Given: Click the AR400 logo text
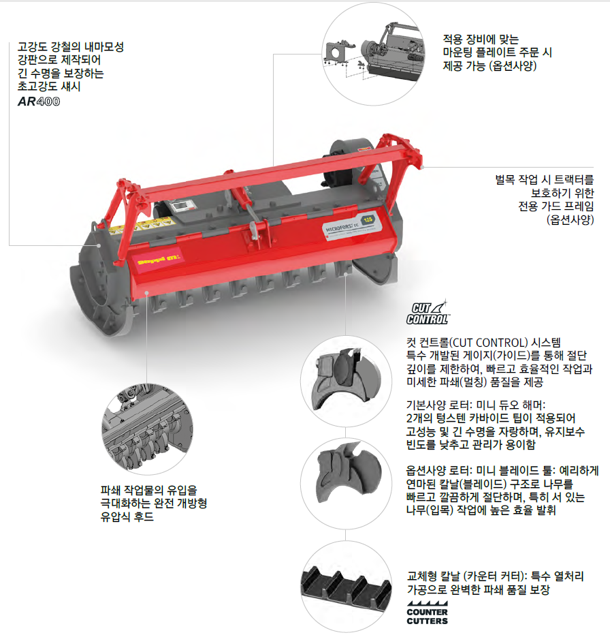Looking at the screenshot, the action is point(39,102).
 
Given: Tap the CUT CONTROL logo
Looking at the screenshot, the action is point(428,313).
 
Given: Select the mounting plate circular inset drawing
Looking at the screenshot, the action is point(373,54).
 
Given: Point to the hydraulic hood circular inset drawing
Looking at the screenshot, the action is point(147,429).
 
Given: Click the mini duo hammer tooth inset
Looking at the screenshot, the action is point(346,381).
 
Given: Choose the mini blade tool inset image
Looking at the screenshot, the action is point(346,483).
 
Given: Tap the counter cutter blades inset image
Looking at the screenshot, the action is point(346,585).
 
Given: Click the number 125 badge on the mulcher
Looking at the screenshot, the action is point(368,220).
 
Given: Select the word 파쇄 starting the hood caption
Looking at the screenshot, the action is point(110,490).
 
